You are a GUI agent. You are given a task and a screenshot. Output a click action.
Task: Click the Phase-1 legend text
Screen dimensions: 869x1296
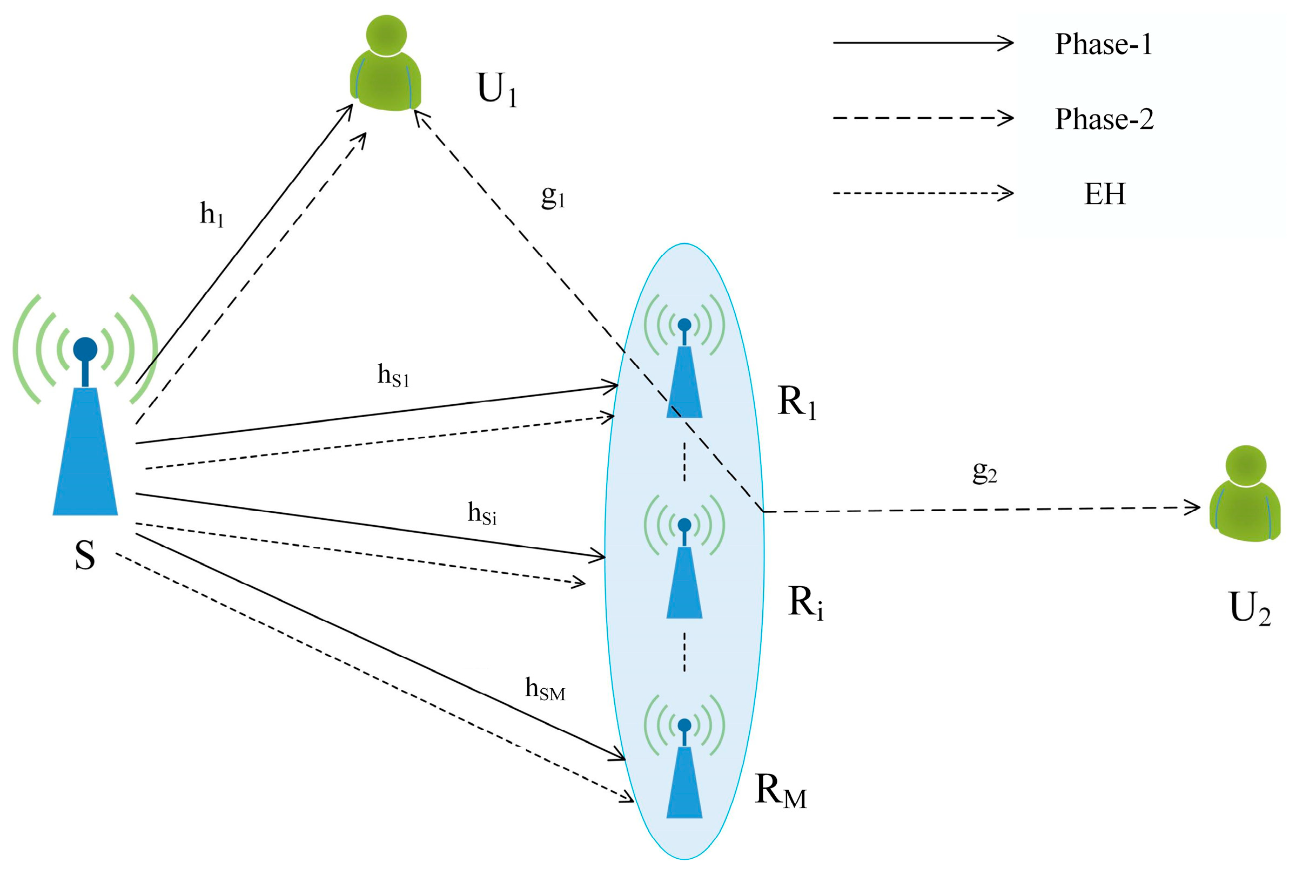tap(1103, 44)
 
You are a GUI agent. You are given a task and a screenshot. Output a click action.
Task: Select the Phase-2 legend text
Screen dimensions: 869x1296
tap(1104, 119)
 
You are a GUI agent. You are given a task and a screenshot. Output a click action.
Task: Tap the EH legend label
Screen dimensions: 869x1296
tap(1105, 194)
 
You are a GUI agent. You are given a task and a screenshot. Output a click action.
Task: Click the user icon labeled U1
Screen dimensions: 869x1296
tap(386, 64)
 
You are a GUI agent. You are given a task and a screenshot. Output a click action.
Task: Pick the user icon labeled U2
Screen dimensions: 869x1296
tap(1245, 493)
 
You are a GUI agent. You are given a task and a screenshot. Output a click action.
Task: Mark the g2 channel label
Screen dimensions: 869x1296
tap(985, 472)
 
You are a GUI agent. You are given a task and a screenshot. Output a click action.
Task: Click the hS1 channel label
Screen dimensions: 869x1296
tap(393, 375)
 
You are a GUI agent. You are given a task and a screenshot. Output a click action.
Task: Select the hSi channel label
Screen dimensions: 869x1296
tap(482, 513)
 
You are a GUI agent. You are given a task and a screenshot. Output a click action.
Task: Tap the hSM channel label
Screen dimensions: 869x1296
tap(545, 689)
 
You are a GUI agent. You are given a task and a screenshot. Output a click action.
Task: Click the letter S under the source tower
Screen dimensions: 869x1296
tap(85, 555)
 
